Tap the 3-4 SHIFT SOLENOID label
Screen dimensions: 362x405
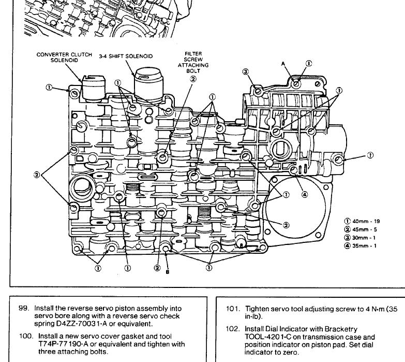(x=126, y=56)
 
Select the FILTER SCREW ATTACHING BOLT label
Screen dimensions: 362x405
(x=193, y=62)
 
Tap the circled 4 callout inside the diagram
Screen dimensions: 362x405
(x=305, y=194)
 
